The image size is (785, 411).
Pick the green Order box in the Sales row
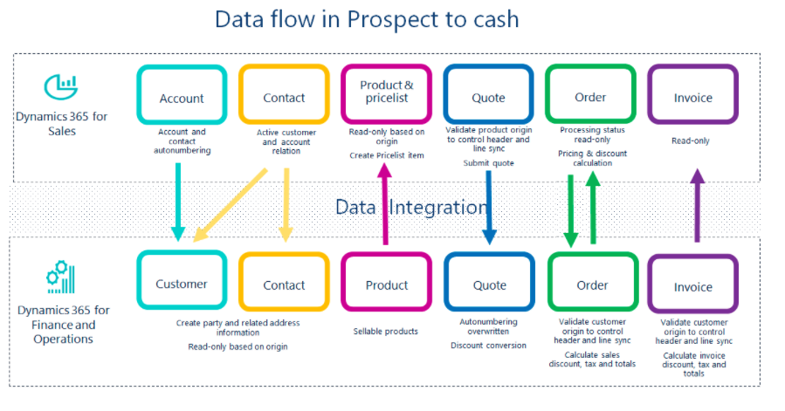pos(590,96)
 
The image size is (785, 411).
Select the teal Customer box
pos(181,284)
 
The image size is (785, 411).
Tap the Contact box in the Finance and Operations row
pos(283,284)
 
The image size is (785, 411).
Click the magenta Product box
pos(386,284)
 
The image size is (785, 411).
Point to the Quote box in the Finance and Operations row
pos(489,284)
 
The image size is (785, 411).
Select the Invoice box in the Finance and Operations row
pos(692,286)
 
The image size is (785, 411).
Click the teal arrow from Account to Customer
pos(178,201)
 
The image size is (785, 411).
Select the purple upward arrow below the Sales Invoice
pos(696,205)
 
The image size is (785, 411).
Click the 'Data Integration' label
pos(411,207)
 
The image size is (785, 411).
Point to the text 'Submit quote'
pos(488,162)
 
